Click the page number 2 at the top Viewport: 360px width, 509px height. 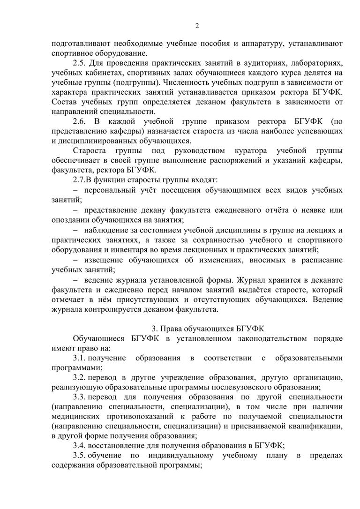pyautogui.click(x=197, y=26)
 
